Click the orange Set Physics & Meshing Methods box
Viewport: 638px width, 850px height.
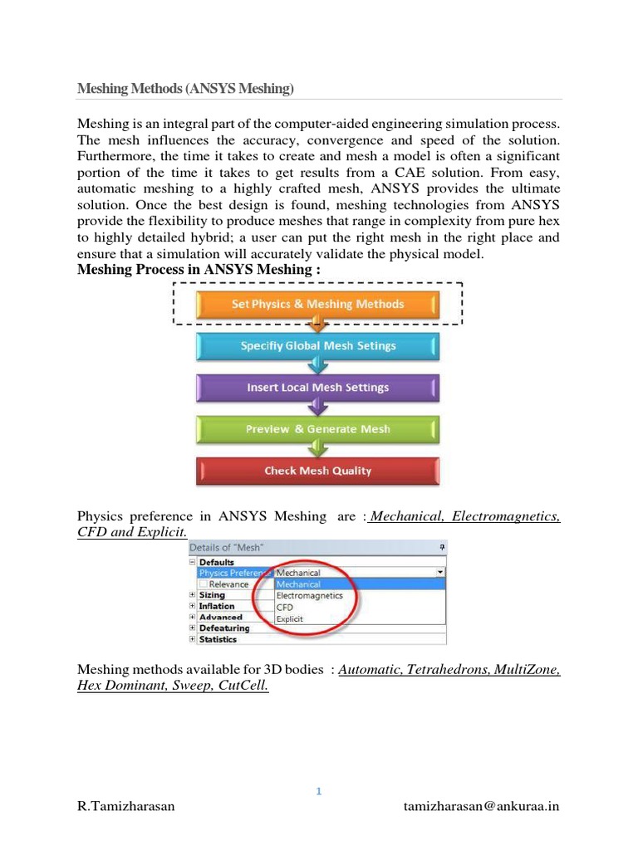tap(317, 304)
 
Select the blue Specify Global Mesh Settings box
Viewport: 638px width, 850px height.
tap(317, 346)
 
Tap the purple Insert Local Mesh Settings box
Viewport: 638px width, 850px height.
tap(317, 388)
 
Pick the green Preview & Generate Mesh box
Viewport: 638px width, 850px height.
tap(317, 429)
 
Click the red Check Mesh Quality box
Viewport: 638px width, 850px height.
tap(317, 471)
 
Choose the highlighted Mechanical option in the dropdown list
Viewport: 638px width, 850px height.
tap(299, 584)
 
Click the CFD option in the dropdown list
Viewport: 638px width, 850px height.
tap(285, 608)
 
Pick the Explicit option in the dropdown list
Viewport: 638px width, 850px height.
tap(290, 619)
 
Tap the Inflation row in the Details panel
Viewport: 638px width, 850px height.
tap(216, 606)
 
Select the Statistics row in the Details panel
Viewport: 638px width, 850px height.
tap(218, 639)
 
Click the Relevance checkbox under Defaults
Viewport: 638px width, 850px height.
tap(203, 584)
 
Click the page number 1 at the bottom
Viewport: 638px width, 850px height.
tap(318, 791)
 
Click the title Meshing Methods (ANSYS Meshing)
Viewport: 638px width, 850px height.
tap(186, 88)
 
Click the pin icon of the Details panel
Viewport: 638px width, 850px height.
tap(442, 548)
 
